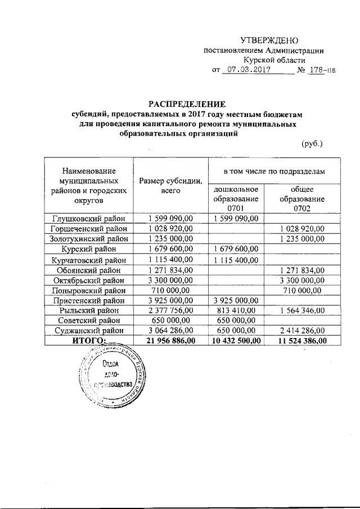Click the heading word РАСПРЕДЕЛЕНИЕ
click(186, 103)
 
